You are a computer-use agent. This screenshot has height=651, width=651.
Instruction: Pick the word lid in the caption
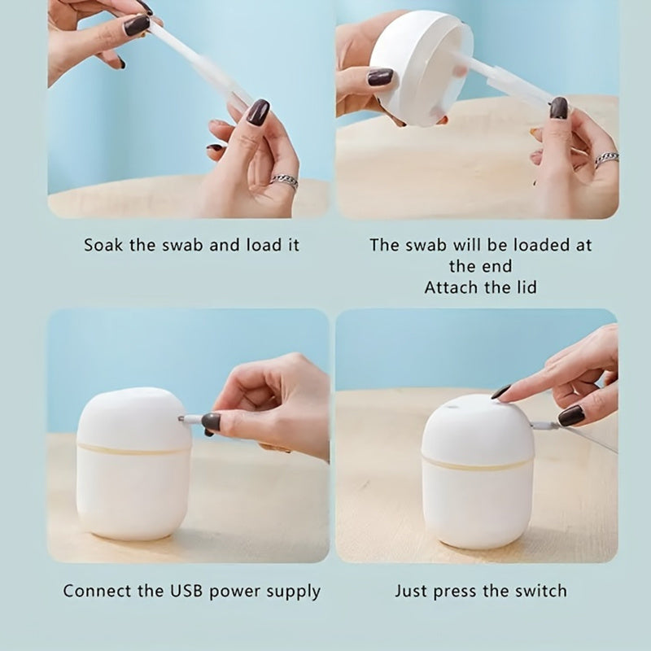coord(525,287)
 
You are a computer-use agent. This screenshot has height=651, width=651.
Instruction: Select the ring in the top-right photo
coord(606,159)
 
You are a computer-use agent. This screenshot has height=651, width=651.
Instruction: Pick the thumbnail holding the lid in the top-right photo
coord(380,77)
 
